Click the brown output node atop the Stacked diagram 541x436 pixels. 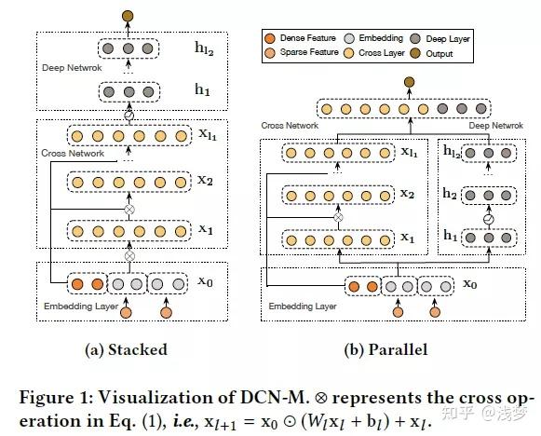127,15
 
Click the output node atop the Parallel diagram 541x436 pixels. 407,84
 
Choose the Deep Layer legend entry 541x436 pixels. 449,39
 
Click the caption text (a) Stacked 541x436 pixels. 128,350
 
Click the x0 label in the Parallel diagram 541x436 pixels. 472,284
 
